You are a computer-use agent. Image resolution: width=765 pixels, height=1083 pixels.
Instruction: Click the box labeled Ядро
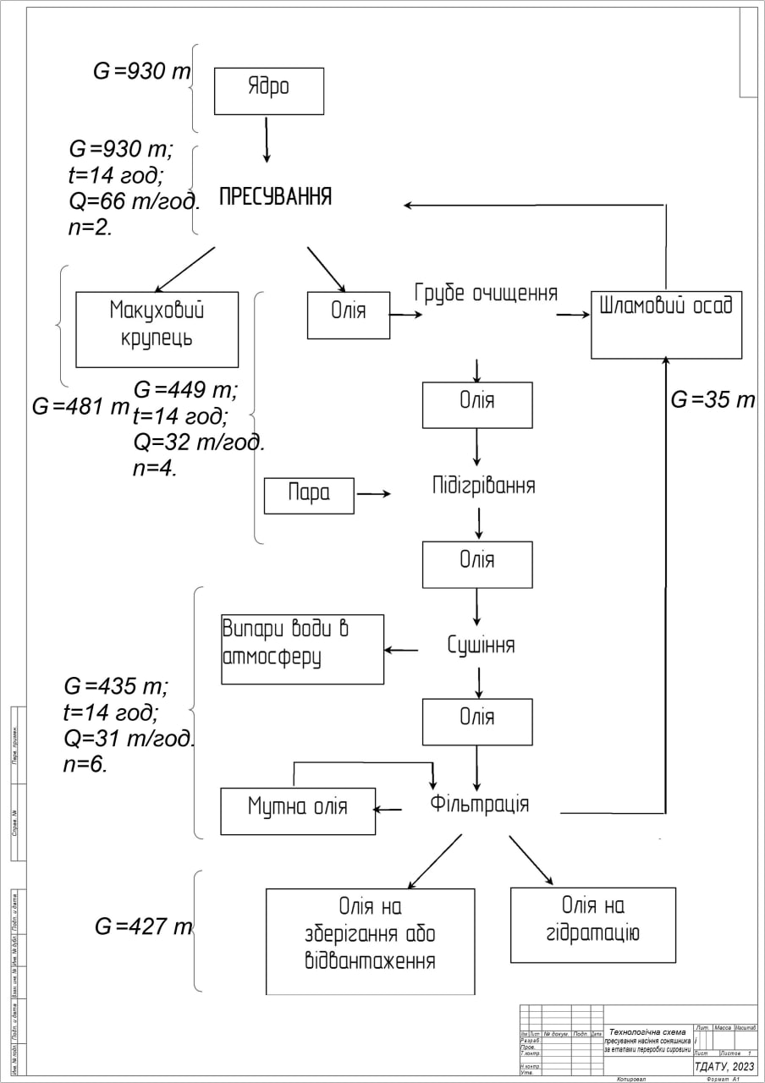(x=268, y=91)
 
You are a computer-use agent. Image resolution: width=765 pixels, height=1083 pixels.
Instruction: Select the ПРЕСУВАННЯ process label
(x=275, y=197)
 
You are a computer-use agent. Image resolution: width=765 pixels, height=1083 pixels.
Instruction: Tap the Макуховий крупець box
(x=157, y=329)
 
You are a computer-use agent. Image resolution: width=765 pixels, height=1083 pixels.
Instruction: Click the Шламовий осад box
(x=666, y=326)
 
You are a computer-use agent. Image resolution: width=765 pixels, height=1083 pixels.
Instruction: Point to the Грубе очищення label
(x=486, y=294)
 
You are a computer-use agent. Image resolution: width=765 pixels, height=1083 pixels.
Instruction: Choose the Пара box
(x=309, y=495)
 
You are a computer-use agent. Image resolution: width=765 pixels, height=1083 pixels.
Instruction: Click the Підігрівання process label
(x=483, y=487)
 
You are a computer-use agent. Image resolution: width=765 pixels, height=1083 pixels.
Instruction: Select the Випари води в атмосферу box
(x=302, y=649)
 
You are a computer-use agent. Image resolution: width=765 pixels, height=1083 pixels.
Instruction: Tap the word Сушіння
(x=481, y=646)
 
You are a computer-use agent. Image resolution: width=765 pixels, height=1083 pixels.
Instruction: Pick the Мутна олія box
(x=297, y=811)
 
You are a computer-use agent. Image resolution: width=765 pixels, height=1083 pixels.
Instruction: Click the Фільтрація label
(x=480, y=803)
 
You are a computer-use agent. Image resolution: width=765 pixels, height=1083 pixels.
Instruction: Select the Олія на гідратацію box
(x=592, y=925)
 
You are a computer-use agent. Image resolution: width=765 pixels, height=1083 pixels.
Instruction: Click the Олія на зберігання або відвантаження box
(x=370, y=941)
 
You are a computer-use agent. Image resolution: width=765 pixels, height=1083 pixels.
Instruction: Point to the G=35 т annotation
(x=713, y=400)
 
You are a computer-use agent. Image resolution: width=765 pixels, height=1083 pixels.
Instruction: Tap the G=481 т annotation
(x=80, y=407)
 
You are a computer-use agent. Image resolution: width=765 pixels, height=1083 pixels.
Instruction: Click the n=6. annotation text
(x=85, y=764)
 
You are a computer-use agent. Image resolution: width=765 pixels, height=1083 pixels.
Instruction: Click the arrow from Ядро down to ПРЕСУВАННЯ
(x=267, y=139)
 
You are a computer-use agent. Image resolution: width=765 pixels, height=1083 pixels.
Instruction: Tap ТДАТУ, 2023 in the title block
(x=724, y=1067)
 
